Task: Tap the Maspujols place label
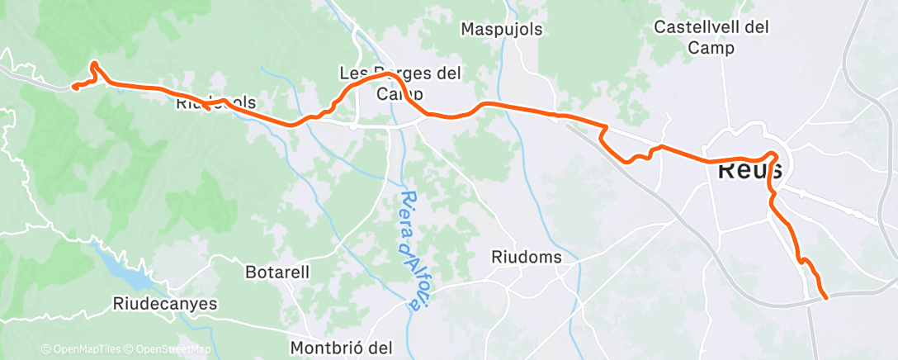502,29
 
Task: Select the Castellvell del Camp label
711,37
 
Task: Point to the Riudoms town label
527,257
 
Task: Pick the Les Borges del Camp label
400,83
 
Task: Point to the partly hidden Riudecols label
216,104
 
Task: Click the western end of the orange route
73,86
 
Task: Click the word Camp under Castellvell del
711,48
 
